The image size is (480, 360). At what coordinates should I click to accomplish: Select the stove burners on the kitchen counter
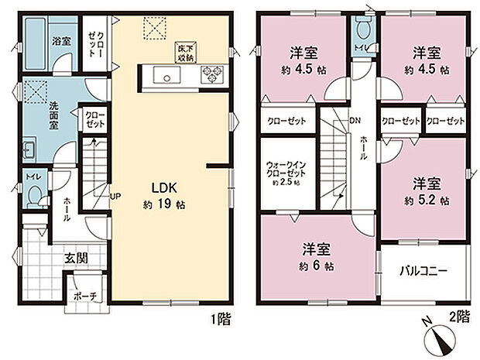tap(211, 74)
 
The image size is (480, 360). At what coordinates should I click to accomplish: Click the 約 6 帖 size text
tap(317, 266)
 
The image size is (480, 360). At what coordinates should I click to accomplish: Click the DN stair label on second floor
tap(354, 121)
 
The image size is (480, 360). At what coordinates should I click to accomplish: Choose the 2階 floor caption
tap(459, 316)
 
